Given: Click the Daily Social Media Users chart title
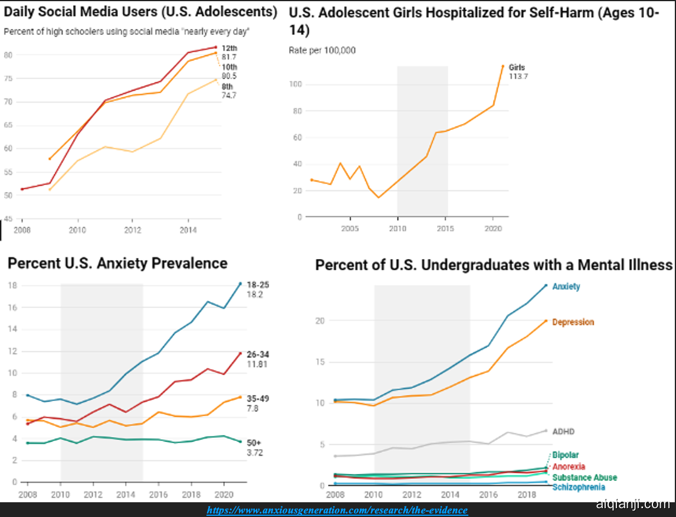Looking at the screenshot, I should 140,11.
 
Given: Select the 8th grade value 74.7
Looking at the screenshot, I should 229,95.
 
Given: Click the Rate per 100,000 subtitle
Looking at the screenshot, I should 322,50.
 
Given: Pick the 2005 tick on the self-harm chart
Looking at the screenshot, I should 350,228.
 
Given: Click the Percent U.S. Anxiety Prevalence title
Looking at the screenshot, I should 118,263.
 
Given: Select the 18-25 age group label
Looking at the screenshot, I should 257,284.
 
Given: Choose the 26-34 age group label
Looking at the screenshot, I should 258,355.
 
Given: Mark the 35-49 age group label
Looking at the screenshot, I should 258,399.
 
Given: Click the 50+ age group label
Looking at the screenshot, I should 254,443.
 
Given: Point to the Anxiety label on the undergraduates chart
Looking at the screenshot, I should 566,287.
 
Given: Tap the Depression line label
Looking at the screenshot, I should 573,322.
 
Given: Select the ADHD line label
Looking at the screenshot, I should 563,431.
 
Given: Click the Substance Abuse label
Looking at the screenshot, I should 585,477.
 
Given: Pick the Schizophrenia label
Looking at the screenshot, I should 579,487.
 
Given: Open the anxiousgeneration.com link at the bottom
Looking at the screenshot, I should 337,510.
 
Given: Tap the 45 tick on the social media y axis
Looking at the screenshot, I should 8,219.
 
